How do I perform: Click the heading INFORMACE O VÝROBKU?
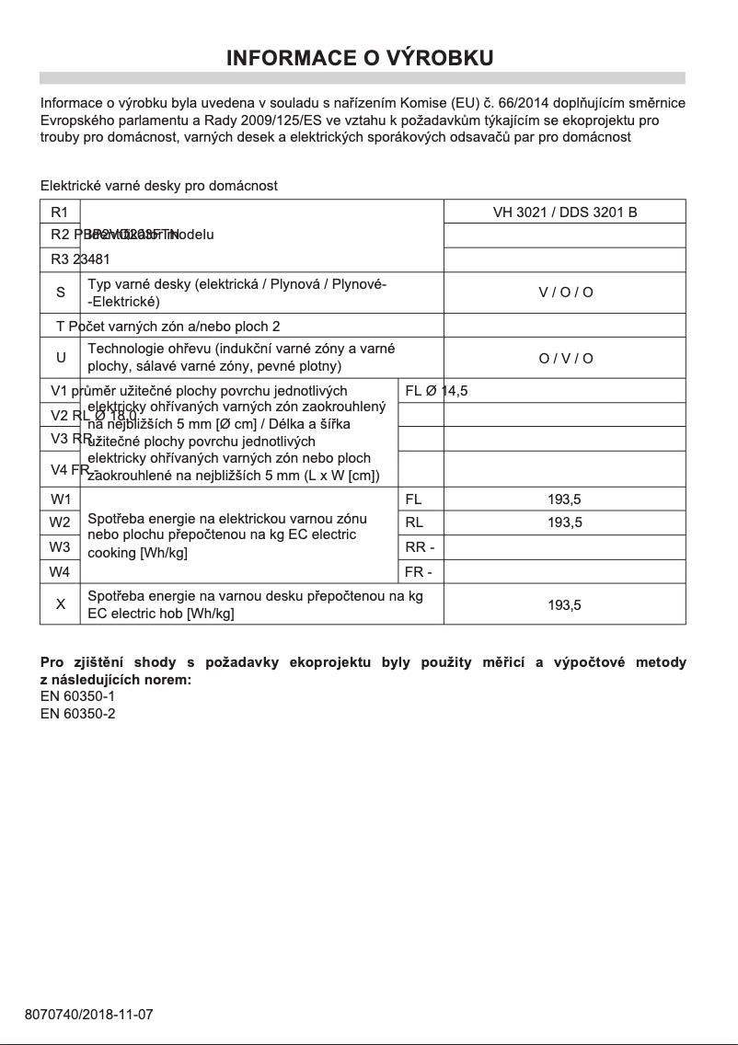tap(361, 58)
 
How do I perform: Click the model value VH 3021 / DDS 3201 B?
tap(564, 212)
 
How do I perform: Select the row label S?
tap(61, 293)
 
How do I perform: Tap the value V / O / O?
tap(565, 293)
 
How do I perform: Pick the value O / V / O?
tap(565, 358)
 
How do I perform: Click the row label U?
tap(61, 358)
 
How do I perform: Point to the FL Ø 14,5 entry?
tap(436, 391)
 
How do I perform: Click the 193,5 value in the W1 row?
tap(564, 500)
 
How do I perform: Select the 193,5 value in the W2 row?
tap(564, 522)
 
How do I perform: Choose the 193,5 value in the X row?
tap(564, 605)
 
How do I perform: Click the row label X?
tap(61, 604)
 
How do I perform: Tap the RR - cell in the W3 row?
tap(420, 547)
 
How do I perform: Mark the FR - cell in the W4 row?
tap(420, 571)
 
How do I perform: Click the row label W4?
tap(60, 571)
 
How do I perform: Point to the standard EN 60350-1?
tap(78, 696)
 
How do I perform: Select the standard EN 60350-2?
tap(78, 713)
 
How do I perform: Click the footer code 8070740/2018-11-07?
tap(88, 1015)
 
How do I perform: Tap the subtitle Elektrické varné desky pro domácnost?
tap(158, 186)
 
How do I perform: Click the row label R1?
tap(60, 212)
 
